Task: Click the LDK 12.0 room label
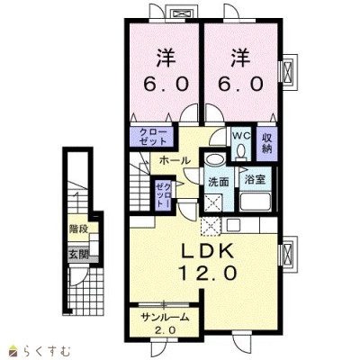[x=208, y=262]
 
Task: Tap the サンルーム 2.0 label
[x=165, y=323]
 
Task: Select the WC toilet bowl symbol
[x=240, y=151]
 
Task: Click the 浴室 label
[x=255, y=179]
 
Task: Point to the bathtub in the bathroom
[x=255, y=202]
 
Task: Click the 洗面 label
[x=219, y=182]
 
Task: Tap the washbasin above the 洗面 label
[x=214, y=158]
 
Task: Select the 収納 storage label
[x=266, y=143]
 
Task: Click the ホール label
[x=175, y=160]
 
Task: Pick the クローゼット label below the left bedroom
[x=153, y=137]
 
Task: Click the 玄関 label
[x=78, y=255]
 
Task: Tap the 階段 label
[x=78, y=229]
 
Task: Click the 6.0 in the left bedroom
[x=166, y=85]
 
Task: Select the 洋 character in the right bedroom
[x=241, y=58]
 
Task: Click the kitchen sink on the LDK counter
[x=234, y=225]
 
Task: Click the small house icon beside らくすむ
[x=13, y=349]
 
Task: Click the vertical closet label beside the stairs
[x=164, y=194]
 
